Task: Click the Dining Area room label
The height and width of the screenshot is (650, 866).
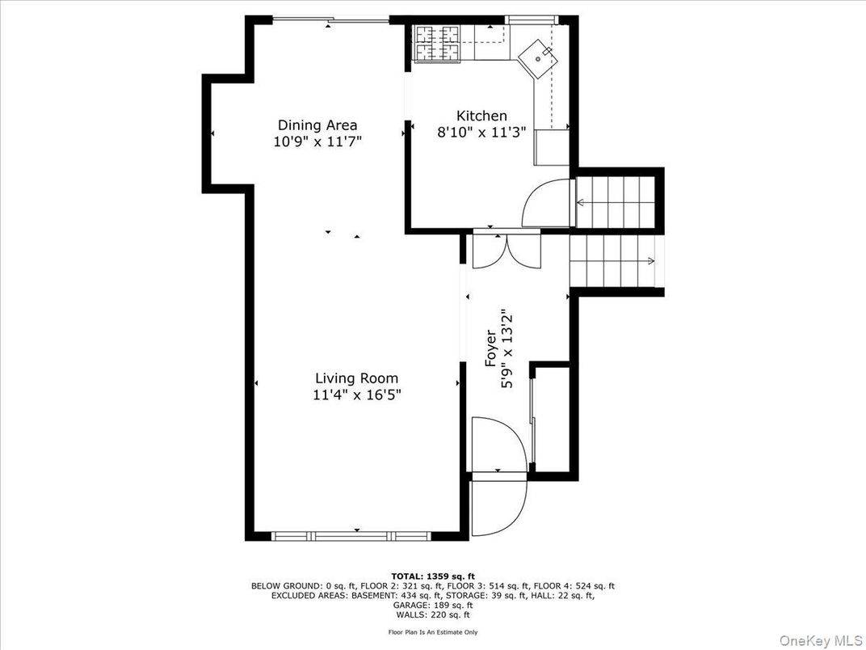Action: point(317,125)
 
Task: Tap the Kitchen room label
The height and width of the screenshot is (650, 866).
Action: point(481,116)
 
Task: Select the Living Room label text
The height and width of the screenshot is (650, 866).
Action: point(356,378)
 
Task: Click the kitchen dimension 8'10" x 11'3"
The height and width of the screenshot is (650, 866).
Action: point(481,133)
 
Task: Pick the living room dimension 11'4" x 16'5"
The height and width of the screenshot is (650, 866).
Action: point(356,395)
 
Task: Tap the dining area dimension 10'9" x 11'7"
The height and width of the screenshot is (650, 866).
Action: point(317,142)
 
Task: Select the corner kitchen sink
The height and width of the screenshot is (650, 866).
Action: point(538,58)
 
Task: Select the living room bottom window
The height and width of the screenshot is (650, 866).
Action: point(351,535)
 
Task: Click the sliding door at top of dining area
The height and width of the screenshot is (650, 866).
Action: point(331,21)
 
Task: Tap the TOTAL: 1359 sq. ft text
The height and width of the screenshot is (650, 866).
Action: point(433,576)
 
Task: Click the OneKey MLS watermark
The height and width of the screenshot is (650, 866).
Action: point(820,639)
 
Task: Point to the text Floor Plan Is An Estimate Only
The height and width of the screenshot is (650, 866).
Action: point(433,632)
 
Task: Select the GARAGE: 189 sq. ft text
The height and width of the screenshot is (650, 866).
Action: point(433,606)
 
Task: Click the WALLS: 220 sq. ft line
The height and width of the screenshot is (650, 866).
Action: point(433,614)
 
